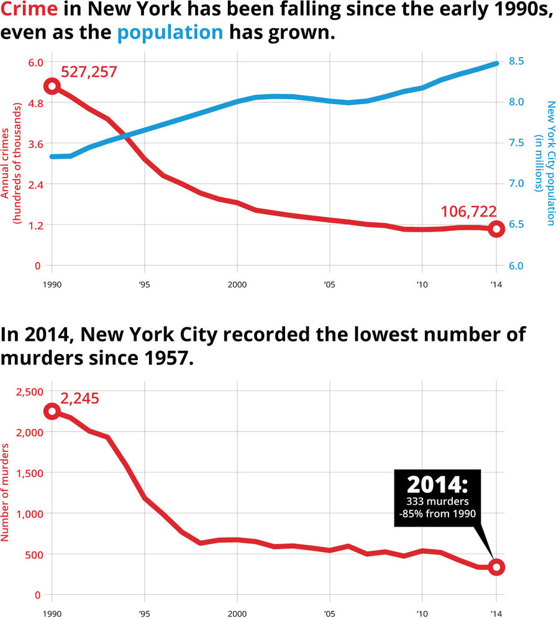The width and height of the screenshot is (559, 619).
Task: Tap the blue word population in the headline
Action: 170,32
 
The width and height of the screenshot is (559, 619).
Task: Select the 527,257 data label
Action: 89,72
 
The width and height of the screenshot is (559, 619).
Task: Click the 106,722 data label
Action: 468,212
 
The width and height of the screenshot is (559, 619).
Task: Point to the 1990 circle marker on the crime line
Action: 52,86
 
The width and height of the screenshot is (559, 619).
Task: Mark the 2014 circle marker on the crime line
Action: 496,229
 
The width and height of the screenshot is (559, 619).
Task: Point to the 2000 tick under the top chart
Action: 237,284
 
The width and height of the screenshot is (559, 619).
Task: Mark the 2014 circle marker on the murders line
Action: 496,567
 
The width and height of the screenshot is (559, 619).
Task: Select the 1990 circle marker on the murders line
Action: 52,412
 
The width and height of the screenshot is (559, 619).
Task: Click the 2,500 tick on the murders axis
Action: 25,391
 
